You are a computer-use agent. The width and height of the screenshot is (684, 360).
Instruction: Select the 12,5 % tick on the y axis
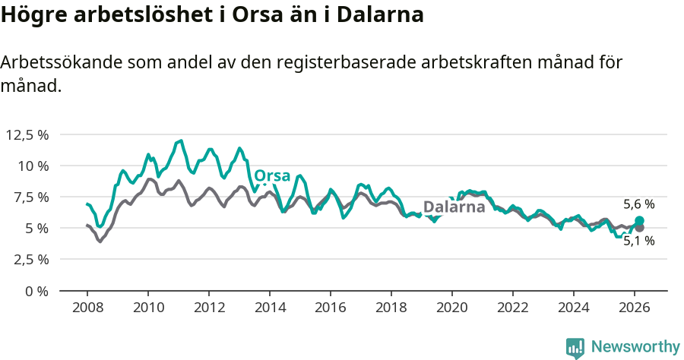point(27,134)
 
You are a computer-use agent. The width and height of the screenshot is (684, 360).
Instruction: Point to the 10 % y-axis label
point(33,166)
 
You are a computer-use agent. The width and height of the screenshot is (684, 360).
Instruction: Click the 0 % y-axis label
point(36,290)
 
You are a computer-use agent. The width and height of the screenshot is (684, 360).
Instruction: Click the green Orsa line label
point(272,176)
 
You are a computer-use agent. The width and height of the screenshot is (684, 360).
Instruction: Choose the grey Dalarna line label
point(454,207)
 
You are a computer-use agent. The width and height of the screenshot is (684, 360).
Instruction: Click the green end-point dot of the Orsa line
point(639,220)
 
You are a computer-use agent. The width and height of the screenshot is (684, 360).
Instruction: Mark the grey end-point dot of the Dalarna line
point(639,227)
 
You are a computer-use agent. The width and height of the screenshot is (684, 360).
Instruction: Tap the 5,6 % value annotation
point(638,204)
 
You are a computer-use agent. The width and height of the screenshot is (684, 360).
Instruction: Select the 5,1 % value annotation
point(638,241)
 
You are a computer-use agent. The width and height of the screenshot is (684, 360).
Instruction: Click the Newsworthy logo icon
point(575,347)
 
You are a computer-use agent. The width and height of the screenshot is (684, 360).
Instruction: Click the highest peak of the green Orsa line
point(180,141)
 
